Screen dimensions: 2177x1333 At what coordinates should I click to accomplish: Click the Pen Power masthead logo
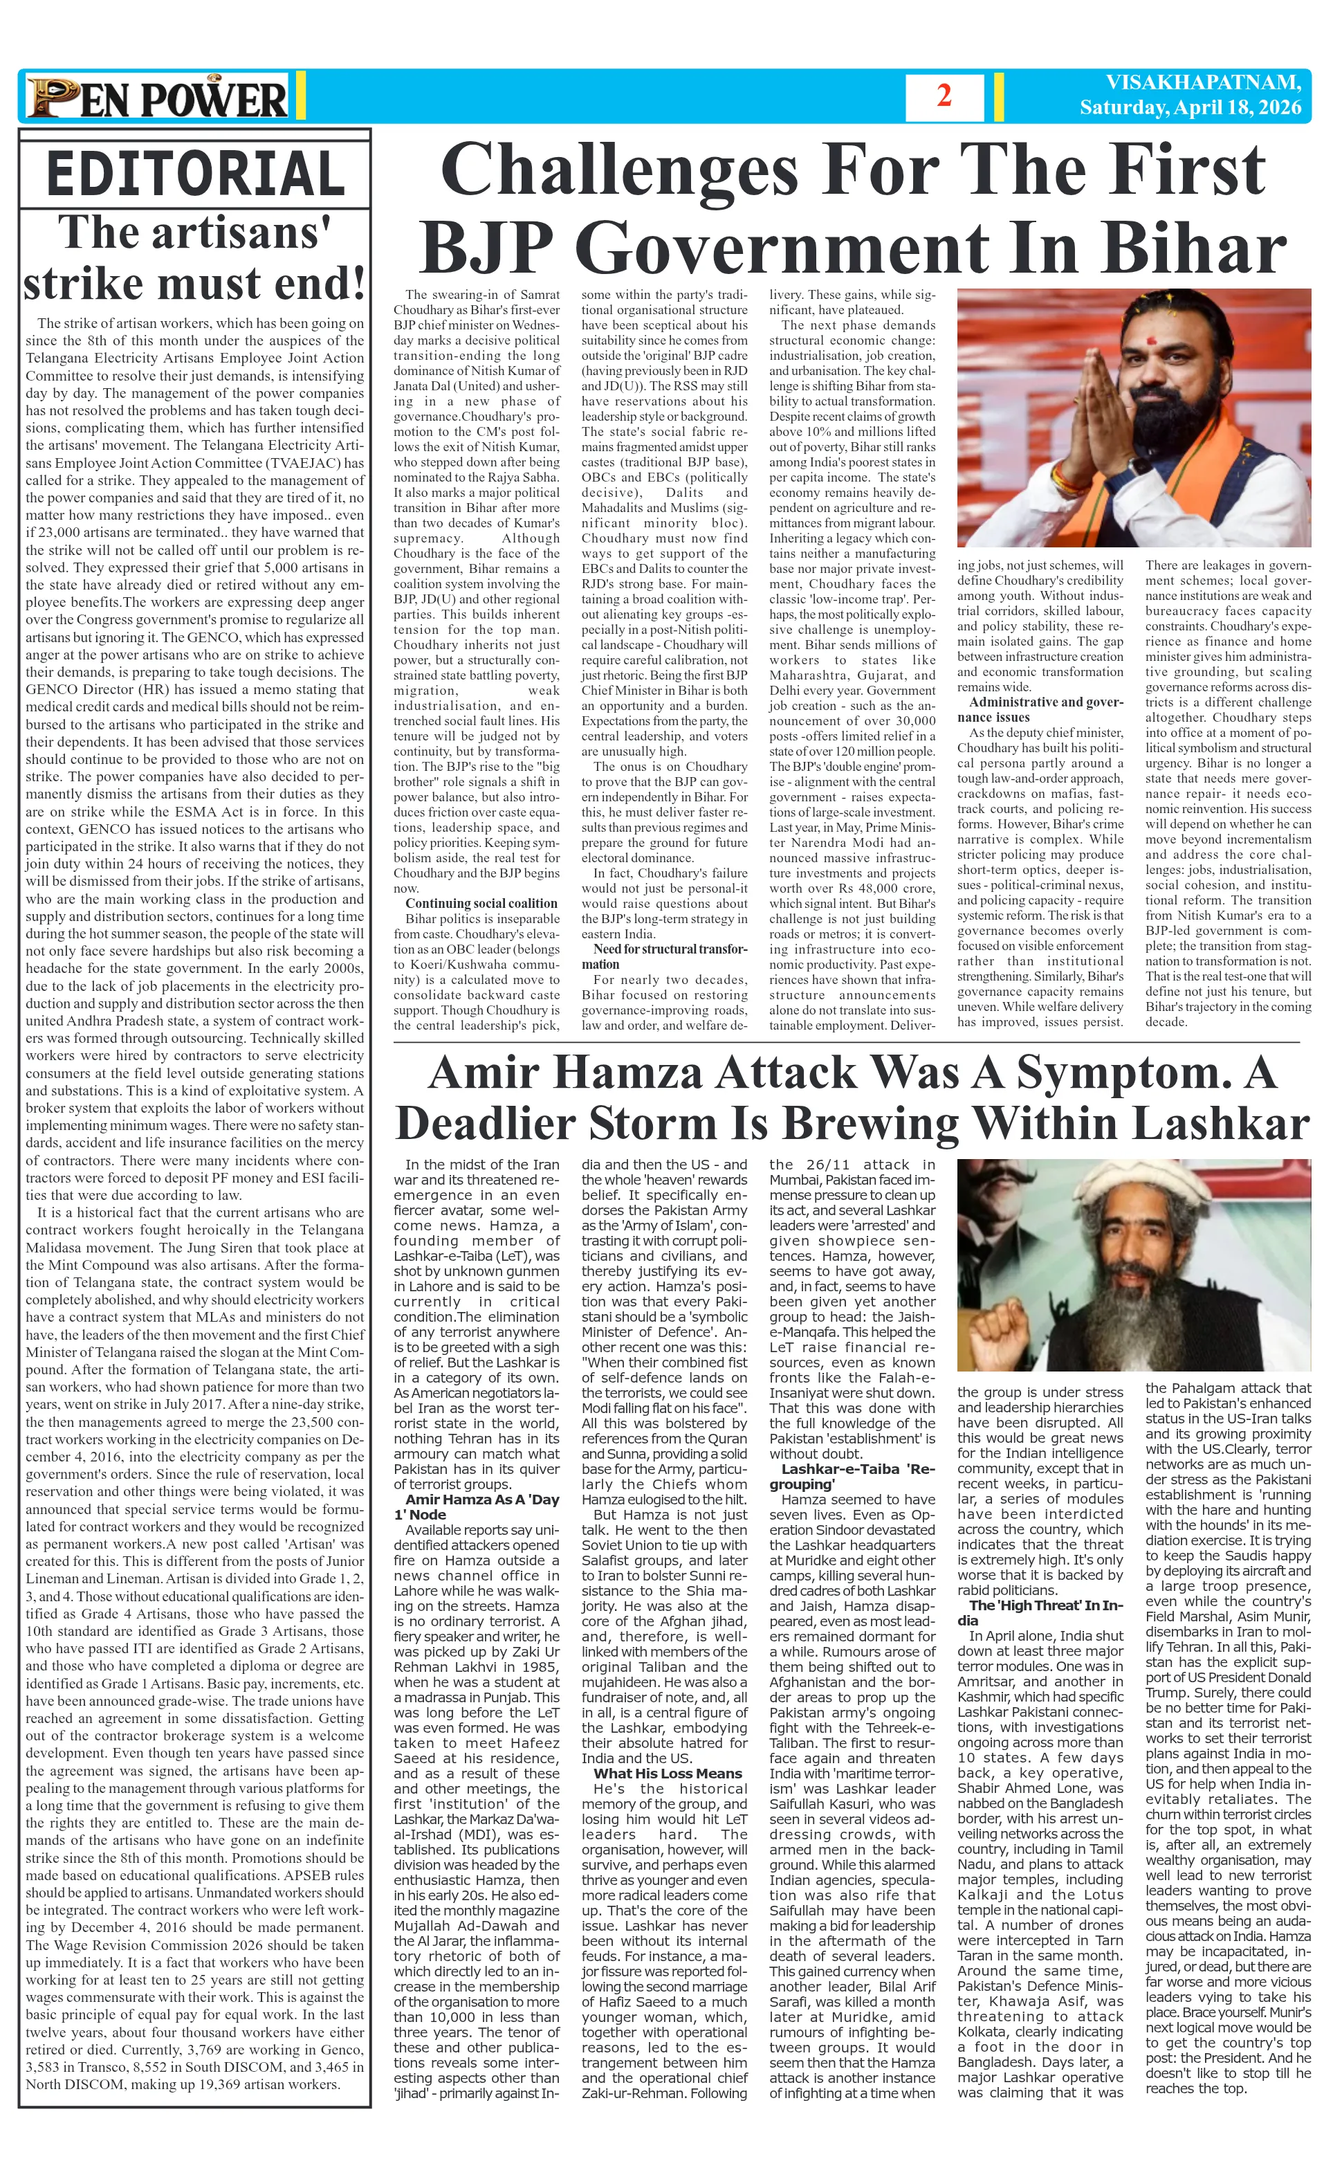click(x=157, y=97)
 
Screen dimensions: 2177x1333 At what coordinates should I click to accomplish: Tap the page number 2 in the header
click(x=944, y=96)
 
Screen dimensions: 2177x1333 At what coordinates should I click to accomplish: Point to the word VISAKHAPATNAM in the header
click(x=1203, y=83)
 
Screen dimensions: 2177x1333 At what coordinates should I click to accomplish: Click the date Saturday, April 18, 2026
click(x=1190, y=108)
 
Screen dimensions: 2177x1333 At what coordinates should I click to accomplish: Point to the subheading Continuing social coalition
click(x=481, y=903)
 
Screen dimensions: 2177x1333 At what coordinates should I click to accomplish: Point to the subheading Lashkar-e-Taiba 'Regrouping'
click(x=852, y=1477)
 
